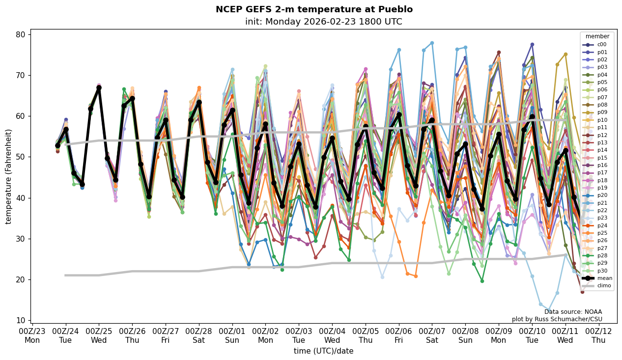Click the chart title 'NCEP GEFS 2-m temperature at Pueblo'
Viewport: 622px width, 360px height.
314,9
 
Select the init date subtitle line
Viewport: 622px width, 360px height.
323,22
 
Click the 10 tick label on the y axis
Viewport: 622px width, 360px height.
20,320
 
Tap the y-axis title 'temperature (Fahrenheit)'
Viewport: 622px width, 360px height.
8,176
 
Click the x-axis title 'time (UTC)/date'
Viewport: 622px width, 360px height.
323,351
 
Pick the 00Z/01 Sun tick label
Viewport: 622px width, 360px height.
232,335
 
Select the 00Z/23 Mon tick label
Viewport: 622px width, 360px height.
32,335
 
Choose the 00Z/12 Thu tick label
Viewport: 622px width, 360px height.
598,335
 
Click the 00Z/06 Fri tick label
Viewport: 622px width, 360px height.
398,335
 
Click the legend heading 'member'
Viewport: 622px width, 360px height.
597,36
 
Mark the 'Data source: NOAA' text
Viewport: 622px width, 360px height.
573,312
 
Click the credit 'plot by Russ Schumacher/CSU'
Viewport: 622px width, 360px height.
557,319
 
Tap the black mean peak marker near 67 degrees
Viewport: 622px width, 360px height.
99,88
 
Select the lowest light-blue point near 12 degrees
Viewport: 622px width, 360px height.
549,310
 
